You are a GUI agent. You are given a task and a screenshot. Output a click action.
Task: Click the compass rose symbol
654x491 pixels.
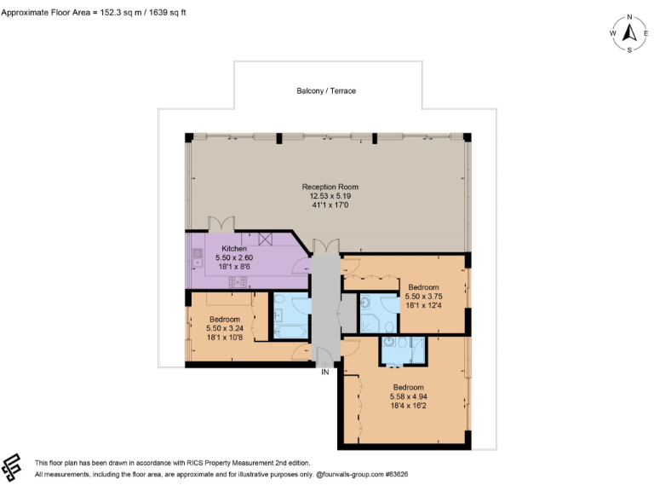coord(629,33)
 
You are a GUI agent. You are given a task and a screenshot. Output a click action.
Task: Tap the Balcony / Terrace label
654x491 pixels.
coord(326,91)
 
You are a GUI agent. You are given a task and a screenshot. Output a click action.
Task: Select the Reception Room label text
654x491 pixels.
coord(330,187)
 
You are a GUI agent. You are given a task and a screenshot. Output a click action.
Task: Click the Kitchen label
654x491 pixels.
coord(234,249)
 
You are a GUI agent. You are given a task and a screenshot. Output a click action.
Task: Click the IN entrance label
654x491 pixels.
coord(324,372)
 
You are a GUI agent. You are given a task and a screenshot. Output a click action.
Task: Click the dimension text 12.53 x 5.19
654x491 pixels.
coord(330,196)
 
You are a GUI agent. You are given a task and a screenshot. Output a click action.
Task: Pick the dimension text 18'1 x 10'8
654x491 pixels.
coord(225,338)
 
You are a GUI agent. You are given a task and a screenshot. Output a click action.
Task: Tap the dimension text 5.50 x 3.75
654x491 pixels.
coord(423,296)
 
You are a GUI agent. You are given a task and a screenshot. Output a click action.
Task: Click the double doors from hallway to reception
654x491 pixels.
coord(324,246)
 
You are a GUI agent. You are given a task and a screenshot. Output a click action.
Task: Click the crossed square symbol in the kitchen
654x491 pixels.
coord(265,240)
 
